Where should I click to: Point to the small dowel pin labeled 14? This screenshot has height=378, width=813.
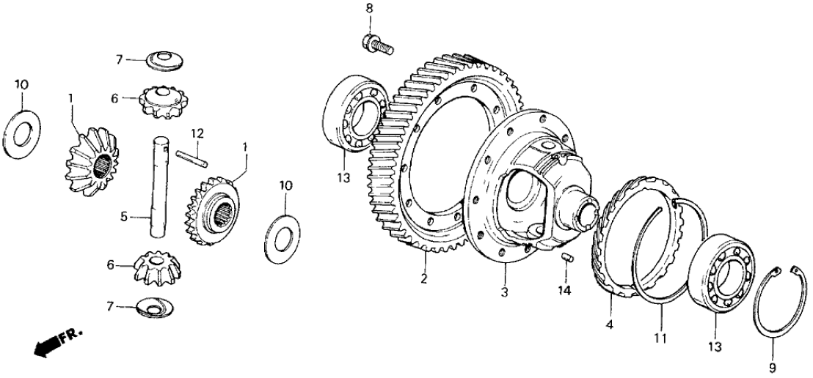[566, 257]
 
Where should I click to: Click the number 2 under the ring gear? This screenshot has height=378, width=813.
[424, 279]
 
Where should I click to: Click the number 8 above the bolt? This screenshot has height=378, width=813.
[369, 8]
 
